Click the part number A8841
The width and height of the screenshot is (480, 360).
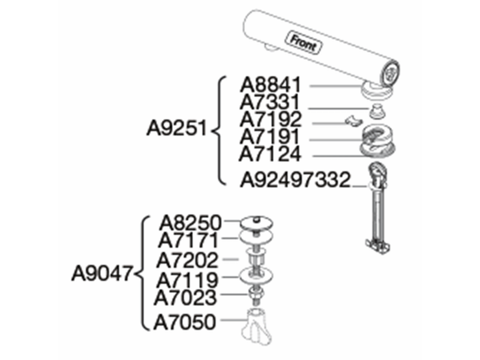click(x=271, y=85)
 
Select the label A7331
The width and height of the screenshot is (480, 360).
click(x=269, y=102)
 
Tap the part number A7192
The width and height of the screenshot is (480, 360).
click(x=271, y=119)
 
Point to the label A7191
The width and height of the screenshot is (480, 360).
click(x=269, y=137)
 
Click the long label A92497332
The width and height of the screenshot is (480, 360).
click(x=295, y=179)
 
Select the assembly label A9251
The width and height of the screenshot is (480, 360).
click(x=177, y=128)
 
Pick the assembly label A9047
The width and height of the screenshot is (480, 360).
click(x=102, y=273)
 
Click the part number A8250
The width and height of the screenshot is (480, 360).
click(x=190, y=223)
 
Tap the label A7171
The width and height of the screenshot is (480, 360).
click(x=188, y=241)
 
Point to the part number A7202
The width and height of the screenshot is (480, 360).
click(x=187, y=260)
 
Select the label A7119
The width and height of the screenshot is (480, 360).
click(x=187, y=280)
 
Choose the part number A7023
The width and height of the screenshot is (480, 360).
click(x=185, y=298)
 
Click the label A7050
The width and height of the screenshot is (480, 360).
click(x=185, y=322)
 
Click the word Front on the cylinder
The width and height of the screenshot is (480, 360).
click(x=303, y=43)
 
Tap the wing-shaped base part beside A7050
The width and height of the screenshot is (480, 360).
click(x=257, y=326)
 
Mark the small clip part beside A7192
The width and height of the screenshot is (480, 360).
click(x=353, y=121)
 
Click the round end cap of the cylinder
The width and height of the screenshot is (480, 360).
click(x=391, y=72)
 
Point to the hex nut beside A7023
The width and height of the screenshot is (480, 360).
click(x=255, y=293)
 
